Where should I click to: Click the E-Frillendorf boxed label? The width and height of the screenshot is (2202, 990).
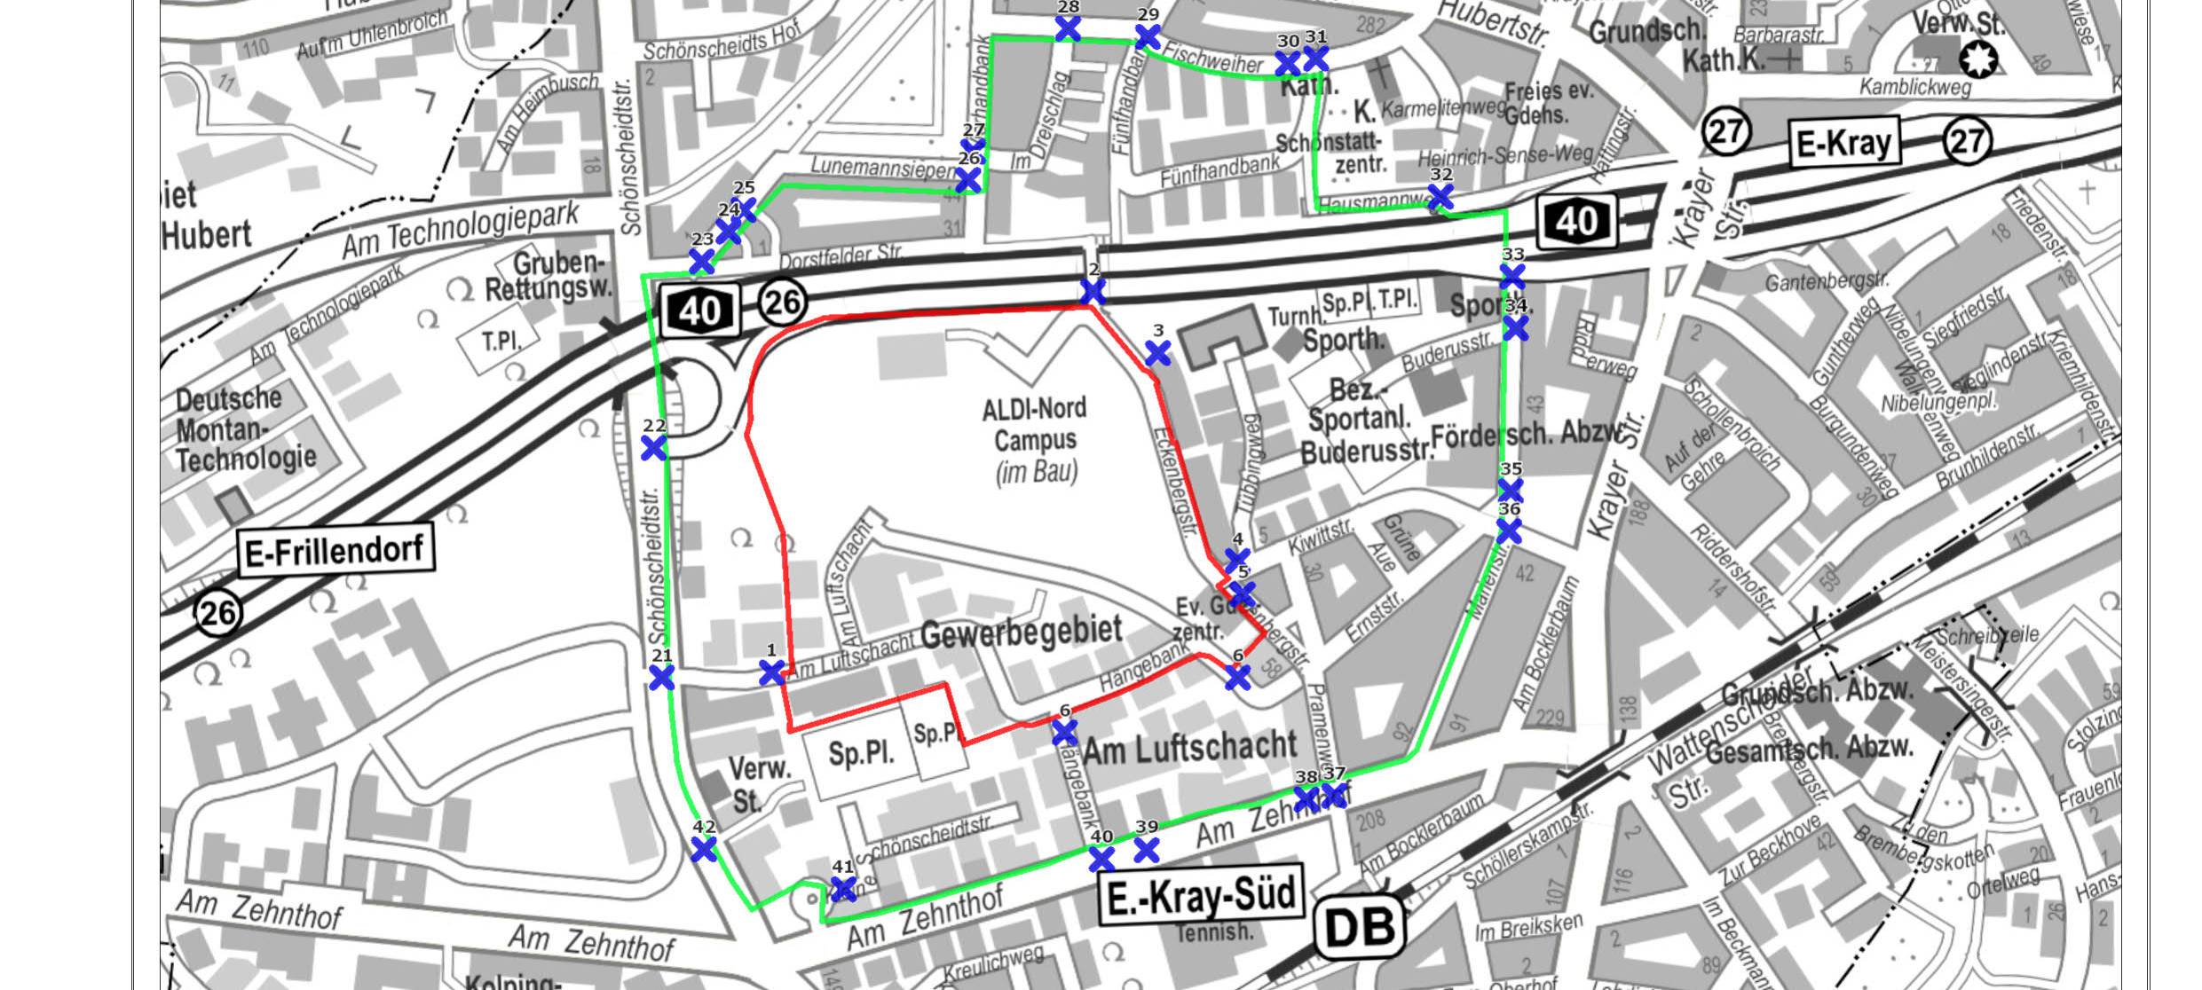(x=336, y=551)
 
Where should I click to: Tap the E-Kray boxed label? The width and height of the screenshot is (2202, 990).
(x=1843, y=143)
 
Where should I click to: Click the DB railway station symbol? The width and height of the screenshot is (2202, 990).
(x=1359, y=927)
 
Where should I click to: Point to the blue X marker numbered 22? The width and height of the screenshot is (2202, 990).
(x=653, y=448)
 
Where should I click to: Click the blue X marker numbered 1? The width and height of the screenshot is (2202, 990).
(x=772, y=672)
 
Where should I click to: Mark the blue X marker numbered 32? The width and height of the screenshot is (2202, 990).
(x=1440, y=197)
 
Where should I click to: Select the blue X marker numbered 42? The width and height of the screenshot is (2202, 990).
(x=703, y=850)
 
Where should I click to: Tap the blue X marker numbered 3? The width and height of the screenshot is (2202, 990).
(x=1157, y=354)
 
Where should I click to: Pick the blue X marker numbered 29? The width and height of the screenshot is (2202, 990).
(x=1148, y=37)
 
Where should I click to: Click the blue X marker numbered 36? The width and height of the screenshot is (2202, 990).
(x=1509, y=531)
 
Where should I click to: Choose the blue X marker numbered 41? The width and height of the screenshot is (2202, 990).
(x=842, y=889)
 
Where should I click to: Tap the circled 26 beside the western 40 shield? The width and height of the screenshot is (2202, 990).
(x=782, y=302)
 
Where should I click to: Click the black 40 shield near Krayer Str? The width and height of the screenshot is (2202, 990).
(x=1577, y=221)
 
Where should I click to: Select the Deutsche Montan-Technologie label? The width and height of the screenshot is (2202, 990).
(x=245, y=429)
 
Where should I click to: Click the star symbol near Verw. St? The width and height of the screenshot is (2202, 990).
(x=1978, y=59)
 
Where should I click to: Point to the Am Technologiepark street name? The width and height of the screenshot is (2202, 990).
(x=461, y=230)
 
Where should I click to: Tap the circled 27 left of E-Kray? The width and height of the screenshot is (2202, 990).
(x=1725, y=133)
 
